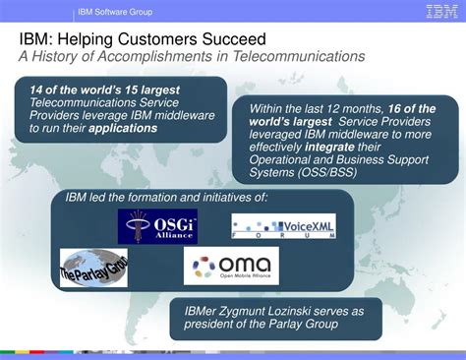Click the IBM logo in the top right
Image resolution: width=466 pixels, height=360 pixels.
pyautogui.click(x=440, y=12)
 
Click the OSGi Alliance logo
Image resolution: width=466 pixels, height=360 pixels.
pyautogui.click(x=156, y=226)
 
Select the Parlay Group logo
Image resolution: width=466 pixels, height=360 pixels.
pyautogui.click(x=93, y=267)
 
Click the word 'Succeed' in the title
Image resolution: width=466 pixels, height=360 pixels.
pyautogui.click(x=231, y=38)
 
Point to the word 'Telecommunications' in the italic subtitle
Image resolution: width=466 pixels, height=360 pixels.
pyautogui.click(x=298, y=56)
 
